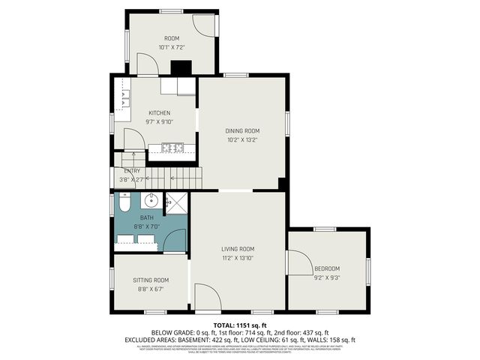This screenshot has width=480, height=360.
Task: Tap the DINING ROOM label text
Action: coord(242,130)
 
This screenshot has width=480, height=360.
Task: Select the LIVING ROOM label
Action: coord(238,249)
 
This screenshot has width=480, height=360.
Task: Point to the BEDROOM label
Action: coord(327,268)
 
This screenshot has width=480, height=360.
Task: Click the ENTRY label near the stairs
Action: coord(132,171)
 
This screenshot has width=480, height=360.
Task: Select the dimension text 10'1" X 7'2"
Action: coord(172,47)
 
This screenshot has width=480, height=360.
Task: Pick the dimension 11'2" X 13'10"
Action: coord(238,258)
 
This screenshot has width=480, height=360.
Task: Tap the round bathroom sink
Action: coord(151,200)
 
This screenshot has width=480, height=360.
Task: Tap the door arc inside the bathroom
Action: coord(175,241)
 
